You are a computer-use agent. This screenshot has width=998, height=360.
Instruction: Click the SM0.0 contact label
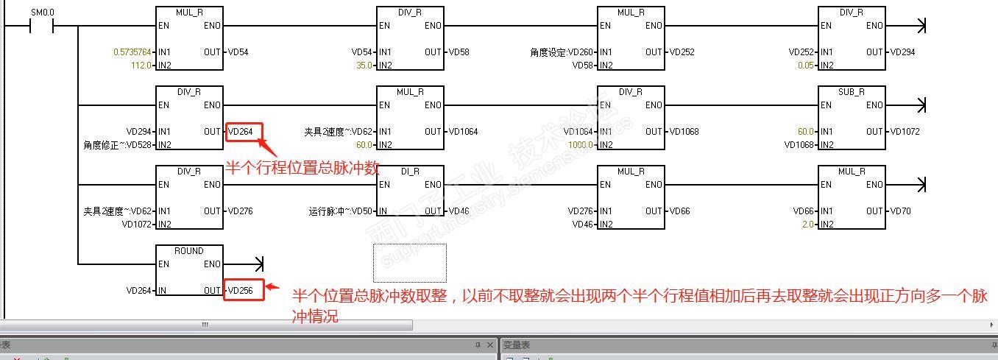(x=42, y=13)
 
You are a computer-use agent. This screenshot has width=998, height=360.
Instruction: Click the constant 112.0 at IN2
(x=141, y=66)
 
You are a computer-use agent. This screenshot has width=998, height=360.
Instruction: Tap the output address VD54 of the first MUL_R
(x=238, y=52)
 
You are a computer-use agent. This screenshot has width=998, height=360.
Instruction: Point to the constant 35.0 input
(x=363, y=66)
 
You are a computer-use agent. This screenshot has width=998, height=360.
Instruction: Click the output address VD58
(x=459, y=52)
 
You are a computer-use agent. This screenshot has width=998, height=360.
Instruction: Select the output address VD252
(x=682, y=52)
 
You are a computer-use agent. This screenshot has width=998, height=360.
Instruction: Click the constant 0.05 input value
(x=805, y=66)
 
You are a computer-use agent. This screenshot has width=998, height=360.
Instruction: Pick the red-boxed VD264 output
(x=241, y=132)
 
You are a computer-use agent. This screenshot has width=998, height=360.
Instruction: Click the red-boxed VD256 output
(x=241, y=291)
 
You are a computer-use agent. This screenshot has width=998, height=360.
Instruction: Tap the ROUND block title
(x=189, y=251)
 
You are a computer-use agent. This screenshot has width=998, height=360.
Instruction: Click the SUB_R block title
(x=852, y=92)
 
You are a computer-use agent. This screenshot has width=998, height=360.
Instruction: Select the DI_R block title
(x=410, y=172)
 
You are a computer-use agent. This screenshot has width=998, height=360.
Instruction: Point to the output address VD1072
(x=905, y=132)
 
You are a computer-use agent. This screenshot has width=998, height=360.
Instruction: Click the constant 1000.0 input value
(x=581, y=145)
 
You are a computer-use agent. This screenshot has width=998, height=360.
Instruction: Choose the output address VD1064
(x=463, y=132)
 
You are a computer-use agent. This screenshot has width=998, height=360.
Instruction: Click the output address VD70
(x=901, y=211)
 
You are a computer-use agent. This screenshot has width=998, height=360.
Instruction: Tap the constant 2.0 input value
(x=807, y=225)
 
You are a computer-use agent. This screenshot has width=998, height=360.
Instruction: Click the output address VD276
(x=241, y=211)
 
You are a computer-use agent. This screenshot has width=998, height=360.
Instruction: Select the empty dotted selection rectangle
(x=409, y=263)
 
